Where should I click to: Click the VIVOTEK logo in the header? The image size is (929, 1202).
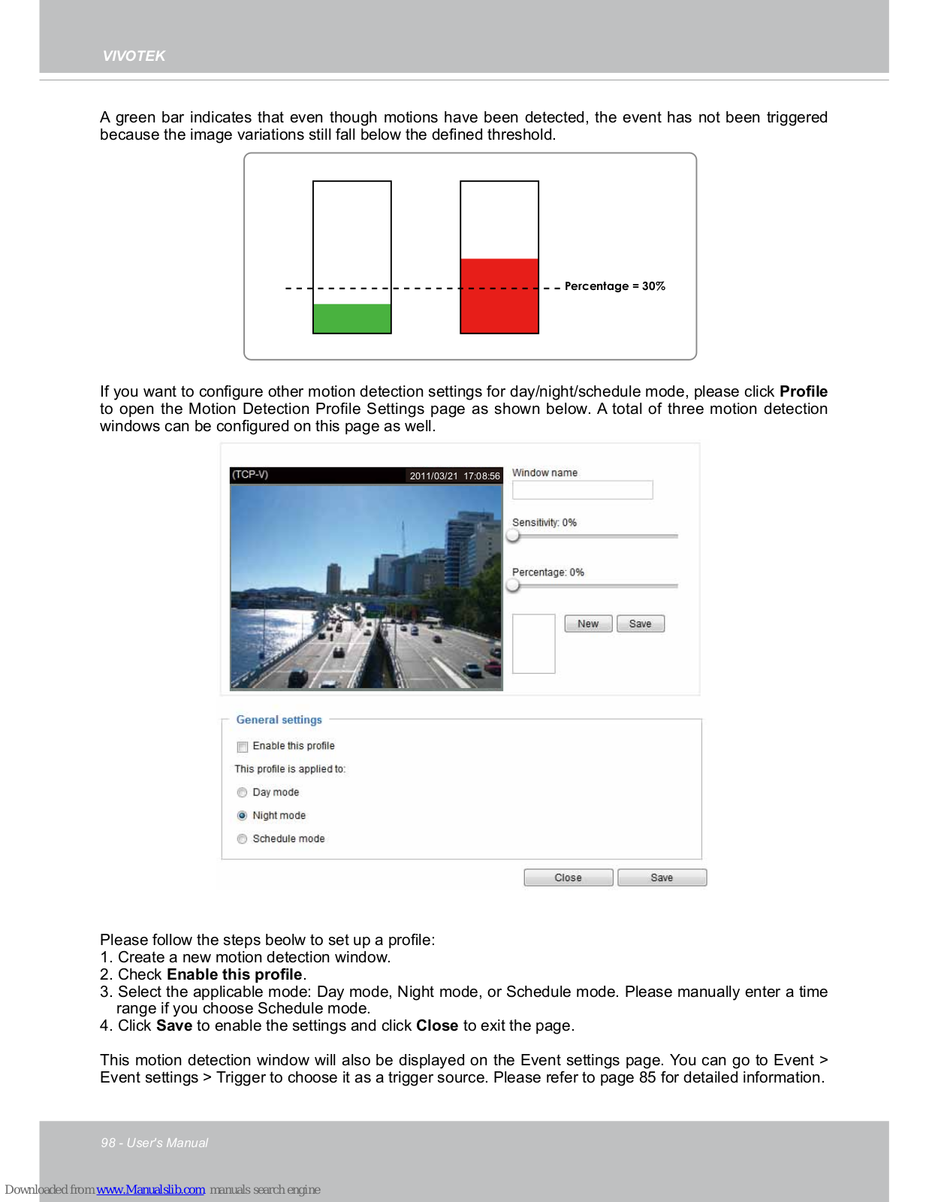click(134, 56)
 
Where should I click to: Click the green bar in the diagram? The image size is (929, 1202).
click(351, 319)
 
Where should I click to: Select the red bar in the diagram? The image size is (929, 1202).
click(499, 296)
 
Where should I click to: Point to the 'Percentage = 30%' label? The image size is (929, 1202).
click(614, 286)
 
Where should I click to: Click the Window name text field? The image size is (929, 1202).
click(582, 490)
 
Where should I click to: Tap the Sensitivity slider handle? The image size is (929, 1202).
click(513, 536)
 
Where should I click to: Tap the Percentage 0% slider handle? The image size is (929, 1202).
click(513, 585)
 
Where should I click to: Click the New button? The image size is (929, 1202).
click(588, 624)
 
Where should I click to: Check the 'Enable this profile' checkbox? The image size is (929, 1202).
click(243, 747)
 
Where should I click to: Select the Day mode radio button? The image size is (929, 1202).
click(242, 793)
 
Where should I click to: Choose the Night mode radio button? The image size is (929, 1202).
click(242, 816)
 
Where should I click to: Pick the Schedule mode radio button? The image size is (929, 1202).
click(242, 839)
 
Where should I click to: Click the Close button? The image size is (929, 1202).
click(568, 877)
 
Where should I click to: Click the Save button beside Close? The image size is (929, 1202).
click(662, 877)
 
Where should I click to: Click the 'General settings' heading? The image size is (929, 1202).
click(279, 720)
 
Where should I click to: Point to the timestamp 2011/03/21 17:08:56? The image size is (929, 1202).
click(454, 476)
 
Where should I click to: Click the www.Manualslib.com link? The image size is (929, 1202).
click(150, 1189)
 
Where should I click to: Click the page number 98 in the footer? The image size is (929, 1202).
click(108, 1143)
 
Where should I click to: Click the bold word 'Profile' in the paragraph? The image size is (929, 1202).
click(803, 391)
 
